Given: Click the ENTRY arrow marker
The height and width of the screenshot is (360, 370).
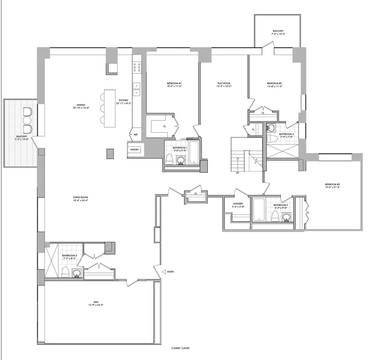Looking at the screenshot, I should pyautogui.click(x=164, y=272).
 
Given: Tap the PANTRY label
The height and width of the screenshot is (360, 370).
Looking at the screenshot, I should pyautogui.click(x=134, y=150).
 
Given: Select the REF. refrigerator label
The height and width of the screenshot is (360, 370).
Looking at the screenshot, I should pyautogui.click(x=136, y=135).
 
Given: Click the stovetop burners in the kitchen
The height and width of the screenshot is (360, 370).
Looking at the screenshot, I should pyautogui.click(x=137, y=67).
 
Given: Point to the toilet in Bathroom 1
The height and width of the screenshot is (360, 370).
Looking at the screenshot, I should pyautogui.click(x=169, y=159).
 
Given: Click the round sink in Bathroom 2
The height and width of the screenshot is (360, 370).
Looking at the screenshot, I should pyautogui.click(x=271, y=128).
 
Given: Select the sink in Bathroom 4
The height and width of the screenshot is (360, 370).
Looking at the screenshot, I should pyautogui.click(x=77, y=273).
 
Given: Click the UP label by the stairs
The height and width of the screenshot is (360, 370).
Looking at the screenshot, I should pyautogui.click(x=237, y=173).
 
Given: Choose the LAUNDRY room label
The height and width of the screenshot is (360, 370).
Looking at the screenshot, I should pyautogui.click(x=238, y=204).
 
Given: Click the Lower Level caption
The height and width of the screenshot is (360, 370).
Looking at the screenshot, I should pyautogui.click(x=180, y=348).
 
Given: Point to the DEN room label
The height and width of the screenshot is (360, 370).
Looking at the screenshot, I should pyautogui.click(x=96, y=302).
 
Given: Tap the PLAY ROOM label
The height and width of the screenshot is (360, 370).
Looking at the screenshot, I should pyautogui.click(x=224, y=83).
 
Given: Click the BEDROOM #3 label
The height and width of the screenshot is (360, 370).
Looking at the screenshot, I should pyautogui.click(x=332, y=184).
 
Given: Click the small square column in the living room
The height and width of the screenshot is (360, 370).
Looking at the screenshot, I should pyautogui.click(x=110, y=154).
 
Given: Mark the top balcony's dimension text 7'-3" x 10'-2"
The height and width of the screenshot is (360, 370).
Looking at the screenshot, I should pyautogui.click(x=278, y=34).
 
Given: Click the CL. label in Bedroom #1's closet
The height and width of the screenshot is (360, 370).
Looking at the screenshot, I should pyautogui.click(x=165, y=126).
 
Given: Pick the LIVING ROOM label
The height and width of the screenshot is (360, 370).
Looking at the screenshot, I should pyautogui.click(x=80, y=197).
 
